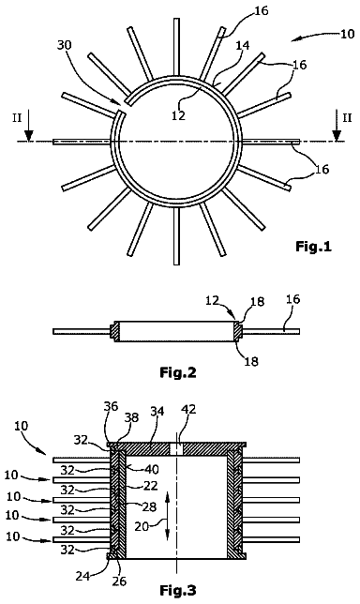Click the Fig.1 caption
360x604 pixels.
313,246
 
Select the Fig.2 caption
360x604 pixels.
178,372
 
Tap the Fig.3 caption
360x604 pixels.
178,590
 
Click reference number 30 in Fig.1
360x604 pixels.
65,45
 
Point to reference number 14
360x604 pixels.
243,45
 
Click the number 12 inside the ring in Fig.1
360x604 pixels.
179,114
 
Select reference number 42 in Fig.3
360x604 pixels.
187,409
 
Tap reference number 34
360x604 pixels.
157,411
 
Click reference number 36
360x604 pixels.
111,406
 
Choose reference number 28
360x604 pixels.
150,506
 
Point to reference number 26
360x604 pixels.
119,581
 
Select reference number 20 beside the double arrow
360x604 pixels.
142,526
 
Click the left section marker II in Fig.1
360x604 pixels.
17,118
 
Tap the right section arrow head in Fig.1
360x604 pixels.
337,136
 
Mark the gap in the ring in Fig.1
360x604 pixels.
121,108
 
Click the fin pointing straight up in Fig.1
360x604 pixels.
177,47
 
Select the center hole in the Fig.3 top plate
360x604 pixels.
176,448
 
